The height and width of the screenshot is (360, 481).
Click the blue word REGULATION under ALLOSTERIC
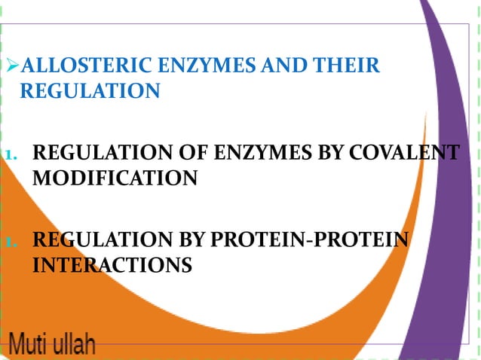pyautogui.click(x=89, y=91)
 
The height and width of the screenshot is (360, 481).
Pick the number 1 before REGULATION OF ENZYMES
pyautogui.click(x=8, y=156)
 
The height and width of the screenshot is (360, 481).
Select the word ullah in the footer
pyautogui.click(x=74, y=346)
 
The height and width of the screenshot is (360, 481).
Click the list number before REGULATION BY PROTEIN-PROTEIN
pyautogui.click(x=8, y=243)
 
